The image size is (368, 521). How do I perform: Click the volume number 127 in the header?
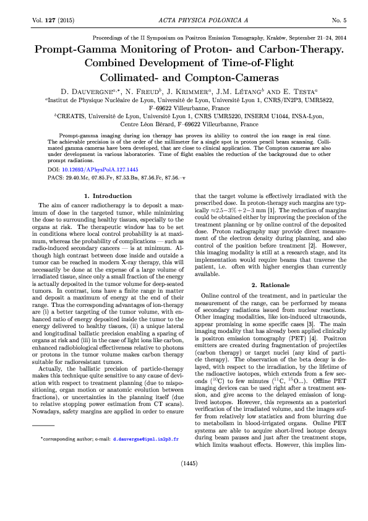coord(48,20)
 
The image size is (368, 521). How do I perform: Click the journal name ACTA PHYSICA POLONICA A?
coord(184,20)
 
